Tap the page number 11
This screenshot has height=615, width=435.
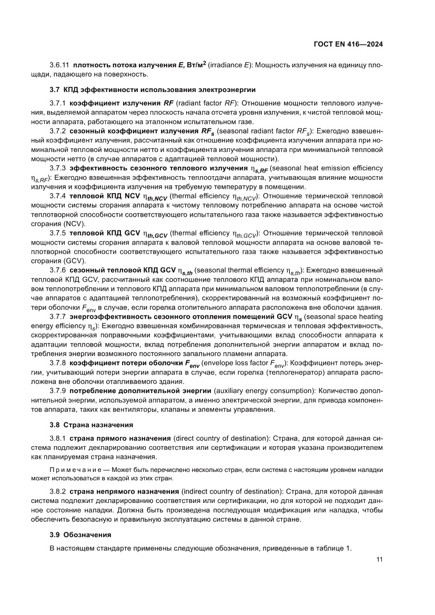(x=379, y=559)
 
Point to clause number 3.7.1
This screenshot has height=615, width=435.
(x=57, y=103)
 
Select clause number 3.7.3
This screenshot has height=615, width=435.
(x=57, y=168)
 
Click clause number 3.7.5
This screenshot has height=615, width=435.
(x=57, y=232)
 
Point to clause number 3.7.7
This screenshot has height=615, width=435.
(x=57, y=317)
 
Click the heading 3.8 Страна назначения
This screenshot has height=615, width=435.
(x=91, y=424)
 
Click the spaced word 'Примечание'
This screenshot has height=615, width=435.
(x=73, y=470)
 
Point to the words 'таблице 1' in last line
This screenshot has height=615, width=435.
(x=332, y=549)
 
